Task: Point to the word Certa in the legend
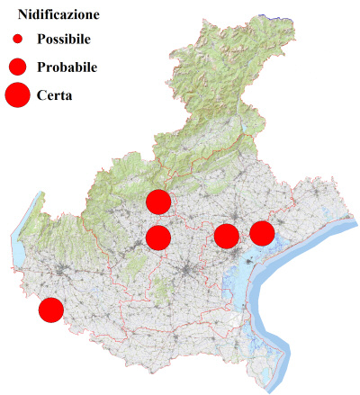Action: pos(55,94)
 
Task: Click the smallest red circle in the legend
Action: pos(17,39)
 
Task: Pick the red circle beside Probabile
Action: pos(17,67)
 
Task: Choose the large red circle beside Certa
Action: pos(17,94)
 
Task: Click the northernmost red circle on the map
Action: pos(158,202)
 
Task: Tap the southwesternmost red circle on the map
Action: pos(50,310)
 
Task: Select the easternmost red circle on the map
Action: pos(262,233)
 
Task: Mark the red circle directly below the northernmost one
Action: pos(158,238)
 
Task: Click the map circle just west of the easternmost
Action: pos(226,237)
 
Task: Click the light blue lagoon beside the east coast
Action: pos(236,288)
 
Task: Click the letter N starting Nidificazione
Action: pos(22,15)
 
